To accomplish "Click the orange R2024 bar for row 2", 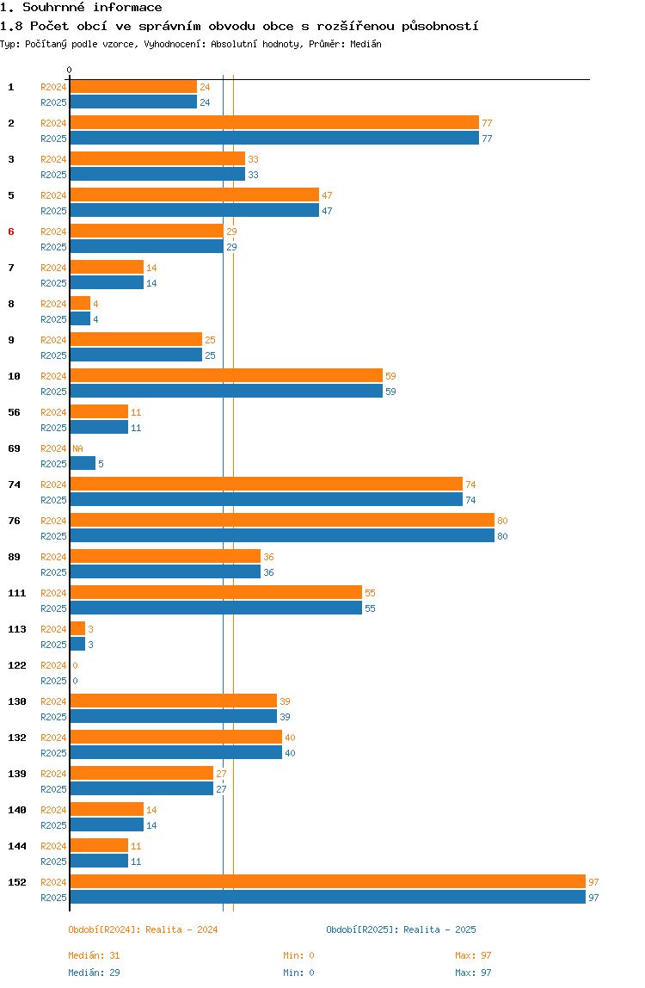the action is click(274, 123).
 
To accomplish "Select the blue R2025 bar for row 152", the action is click(329, 898).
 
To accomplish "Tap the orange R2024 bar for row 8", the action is click(80, 304).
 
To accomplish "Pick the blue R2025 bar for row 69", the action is click(83, 464).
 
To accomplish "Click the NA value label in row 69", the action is click(77, 448).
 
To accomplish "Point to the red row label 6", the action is click(10, 232).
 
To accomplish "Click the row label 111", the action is click(17, 594).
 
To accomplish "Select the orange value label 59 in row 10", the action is click(390, 376).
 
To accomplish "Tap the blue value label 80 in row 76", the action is click(502, 536).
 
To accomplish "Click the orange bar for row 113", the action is click(77, 629).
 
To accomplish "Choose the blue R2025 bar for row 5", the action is click(194, 211).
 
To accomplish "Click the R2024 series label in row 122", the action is click(53, 665).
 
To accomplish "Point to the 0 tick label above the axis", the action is click(70, 70).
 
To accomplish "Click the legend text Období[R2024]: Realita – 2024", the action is click(143, 929).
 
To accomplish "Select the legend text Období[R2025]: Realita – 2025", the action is click(402, 929).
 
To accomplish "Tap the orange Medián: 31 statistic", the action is click(94, 955).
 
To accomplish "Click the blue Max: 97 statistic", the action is click(473, 973).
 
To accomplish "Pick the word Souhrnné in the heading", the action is click(53, 8).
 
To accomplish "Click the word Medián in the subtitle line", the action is click(366, 44).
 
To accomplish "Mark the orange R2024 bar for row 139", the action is click(142, 774).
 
